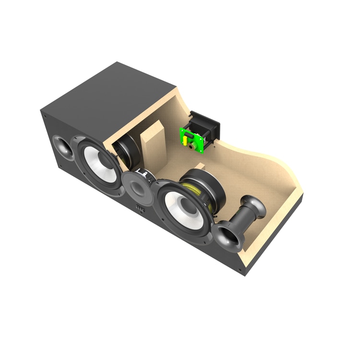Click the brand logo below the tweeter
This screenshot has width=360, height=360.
pos(140,209)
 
